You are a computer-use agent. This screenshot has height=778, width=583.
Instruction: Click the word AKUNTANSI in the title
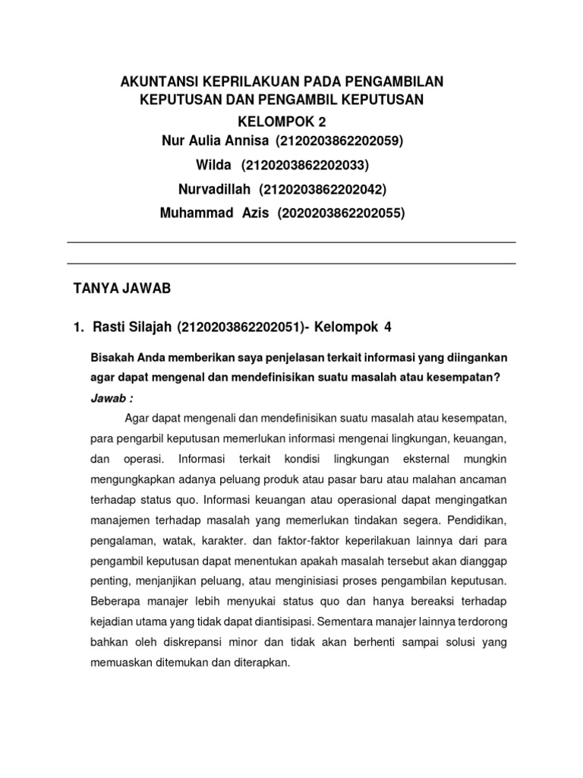157,81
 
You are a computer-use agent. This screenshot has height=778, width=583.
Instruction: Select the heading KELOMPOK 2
285,122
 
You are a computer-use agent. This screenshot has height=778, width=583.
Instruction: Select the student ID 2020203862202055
342,213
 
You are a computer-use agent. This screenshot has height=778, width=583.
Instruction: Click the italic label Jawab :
112,399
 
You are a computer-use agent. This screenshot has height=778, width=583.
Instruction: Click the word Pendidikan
472,520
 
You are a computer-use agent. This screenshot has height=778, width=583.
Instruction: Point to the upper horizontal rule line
291,242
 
